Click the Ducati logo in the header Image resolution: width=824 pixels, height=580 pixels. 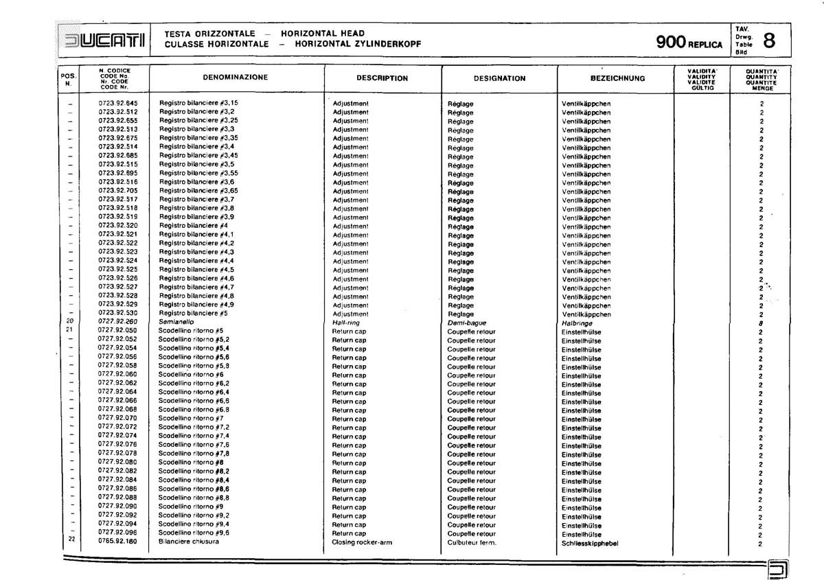coord(103,38)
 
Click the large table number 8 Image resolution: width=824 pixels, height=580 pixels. coord(770,40)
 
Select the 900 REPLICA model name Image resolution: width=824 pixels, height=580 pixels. coord(689,43)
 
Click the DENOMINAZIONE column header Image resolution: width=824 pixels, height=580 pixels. coord(236,78)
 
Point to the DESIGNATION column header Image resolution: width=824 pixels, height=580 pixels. coord(499,78)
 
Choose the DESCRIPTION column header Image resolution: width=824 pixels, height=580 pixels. coord(382,78)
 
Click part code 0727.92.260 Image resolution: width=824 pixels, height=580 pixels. coord(118,322)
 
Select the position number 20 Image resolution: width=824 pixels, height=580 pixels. coord(70,321)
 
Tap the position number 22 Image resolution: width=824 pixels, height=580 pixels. coord(71,539)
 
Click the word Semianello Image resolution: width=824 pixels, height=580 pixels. coord(176,322)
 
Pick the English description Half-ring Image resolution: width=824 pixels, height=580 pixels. coord(346,323)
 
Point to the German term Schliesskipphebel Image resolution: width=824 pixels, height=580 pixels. coord(590,543)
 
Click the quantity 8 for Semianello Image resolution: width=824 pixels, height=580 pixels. coord(761,323)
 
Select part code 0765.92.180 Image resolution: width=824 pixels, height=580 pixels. coord(117,542)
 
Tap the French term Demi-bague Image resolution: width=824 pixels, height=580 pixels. coord(466,323)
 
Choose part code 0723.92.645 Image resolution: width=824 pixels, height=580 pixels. coord(118,102)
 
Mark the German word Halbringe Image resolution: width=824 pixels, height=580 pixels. coord(577,323)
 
